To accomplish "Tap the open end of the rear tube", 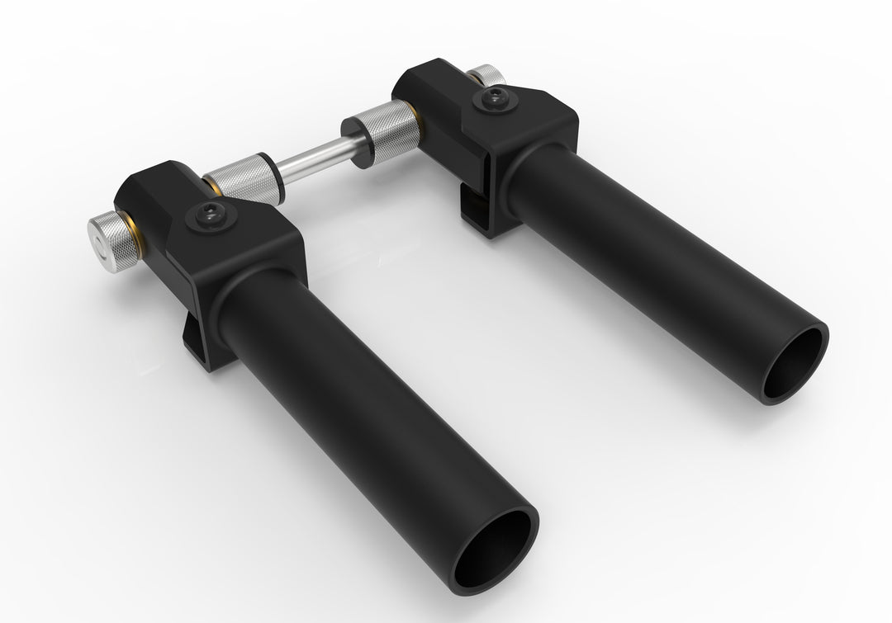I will click(x=795, y=364).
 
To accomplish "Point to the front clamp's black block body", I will click(x=248, y=248).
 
